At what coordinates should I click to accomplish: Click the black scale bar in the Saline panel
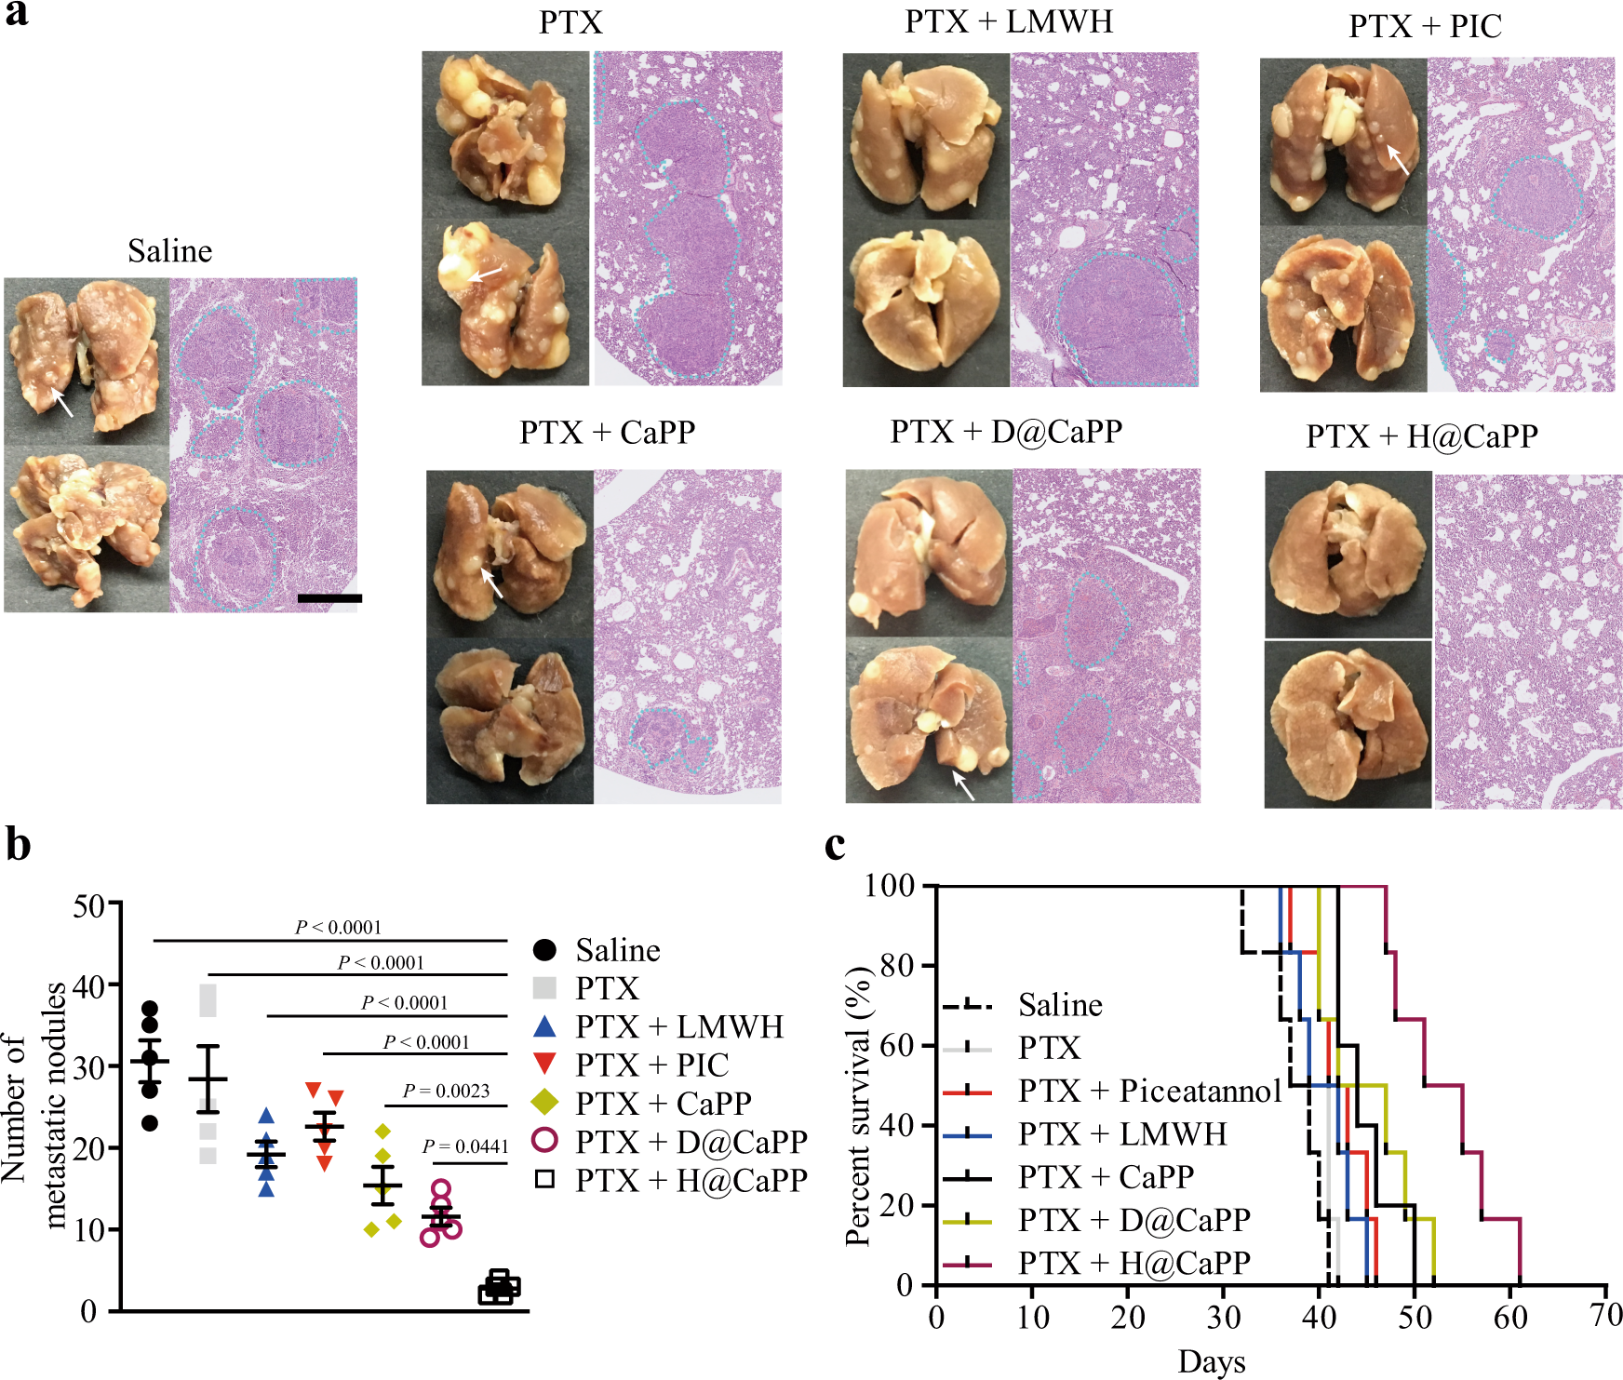pos(329,598)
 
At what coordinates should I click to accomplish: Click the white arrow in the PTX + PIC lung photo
pos(1397,159)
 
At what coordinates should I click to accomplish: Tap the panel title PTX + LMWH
pos(1009,21)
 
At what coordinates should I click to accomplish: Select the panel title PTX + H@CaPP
pos(1421,435)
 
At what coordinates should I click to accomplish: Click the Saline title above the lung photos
pos(169,251)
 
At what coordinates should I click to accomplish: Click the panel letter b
pos(18,845)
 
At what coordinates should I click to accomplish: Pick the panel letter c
pos(835,845)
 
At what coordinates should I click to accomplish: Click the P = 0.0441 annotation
pos(465,1146)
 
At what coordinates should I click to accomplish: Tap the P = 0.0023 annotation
pos(446,1091)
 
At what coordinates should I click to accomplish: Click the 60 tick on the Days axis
pos(1510,1317)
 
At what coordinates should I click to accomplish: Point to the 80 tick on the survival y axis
pos(895,965)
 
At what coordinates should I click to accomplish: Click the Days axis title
pos(1211,1360)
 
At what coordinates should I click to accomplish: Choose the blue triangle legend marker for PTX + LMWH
pos(544,1026)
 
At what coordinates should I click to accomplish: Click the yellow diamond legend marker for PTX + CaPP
pos(544,1103)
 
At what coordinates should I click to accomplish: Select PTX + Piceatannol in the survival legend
pos(1150,1091)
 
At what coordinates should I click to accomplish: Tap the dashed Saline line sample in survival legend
pos(967,1006)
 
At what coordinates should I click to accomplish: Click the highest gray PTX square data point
pos(208,993)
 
